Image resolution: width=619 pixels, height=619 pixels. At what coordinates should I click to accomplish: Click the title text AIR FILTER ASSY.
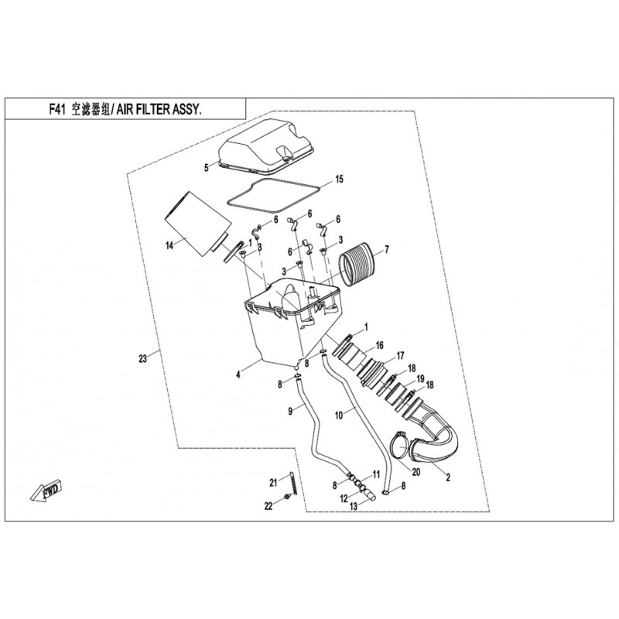tap(159, 110)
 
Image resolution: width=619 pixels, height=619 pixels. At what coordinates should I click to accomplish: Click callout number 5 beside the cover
tap(207, 166)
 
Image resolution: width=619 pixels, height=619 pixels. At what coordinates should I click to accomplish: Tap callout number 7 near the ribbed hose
tap(388, 249)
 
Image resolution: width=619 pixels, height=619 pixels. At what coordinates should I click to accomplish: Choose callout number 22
tap(268, 507)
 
